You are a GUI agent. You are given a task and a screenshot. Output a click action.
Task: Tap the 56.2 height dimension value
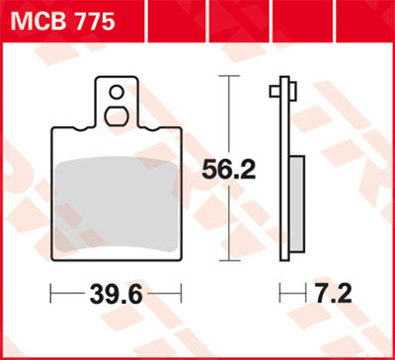point(229,169)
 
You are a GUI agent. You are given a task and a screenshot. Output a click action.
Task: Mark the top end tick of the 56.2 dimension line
point(229,76)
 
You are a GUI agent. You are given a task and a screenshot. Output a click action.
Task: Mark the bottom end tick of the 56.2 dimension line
point(229,261)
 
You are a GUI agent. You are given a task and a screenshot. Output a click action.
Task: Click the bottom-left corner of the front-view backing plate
point(52,258)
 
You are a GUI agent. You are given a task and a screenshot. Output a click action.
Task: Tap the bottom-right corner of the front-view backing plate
point(180,258)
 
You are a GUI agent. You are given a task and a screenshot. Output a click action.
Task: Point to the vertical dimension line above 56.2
point(229,113)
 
